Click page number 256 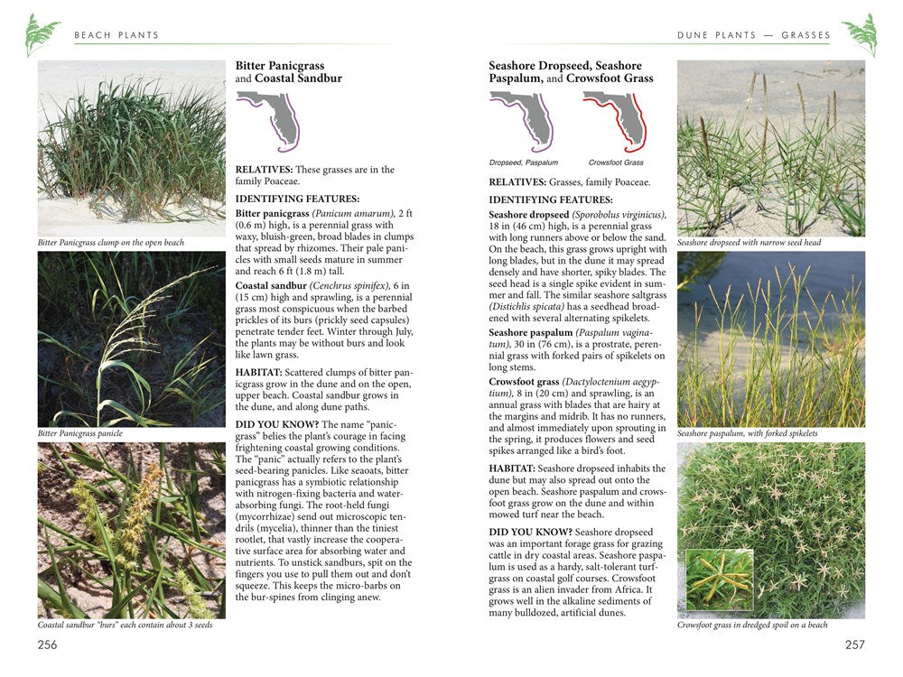[47, 645]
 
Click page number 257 [854, 645]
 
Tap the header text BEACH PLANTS [116, 35]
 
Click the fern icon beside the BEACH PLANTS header [43, 33]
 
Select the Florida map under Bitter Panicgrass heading [267, 121]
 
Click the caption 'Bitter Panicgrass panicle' [80, 434]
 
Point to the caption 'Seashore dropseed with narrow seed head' [749, 243]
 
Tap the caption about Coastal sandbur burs [125, 625]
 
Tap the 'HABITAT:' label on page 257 [512, 468]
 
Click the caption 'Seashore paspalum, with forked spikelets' [747, 434]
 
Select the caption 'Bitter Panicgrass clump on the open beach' [111, 243]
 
